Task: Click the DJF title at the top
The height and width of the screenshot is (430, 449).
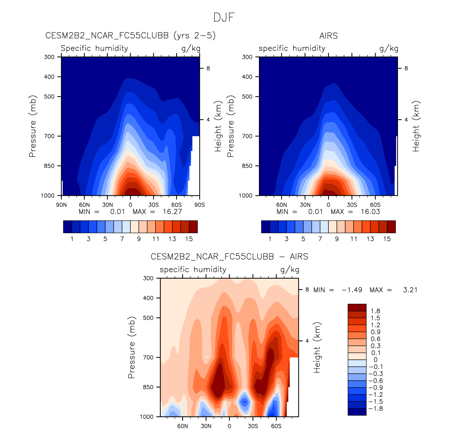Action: click(224, 17)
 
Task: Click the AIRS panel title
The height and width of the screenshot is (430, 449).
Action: click(328, 36)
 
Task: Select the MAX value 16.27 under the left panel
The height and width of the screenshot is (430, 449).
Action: click(172, 212)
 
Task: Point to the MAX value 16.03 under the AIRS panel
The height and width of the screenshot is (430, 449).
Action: click(370, 212)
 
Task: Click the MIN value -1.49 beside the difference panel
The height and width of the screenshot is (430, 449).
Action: click(352, 290)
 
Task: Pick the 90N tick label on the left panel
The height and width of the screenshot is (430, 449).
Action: click(61, 205)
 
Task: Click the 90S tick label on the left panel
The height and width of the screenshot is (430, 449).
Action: click(200, 205)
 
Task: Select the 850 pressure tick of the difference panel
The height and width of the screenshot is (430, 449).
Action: click(149, 387)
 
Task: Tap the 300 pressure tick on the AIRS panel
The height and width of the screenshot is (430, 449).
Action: click(247, 57)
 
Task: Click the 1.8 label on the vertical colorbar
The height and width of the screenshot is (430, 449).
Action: click(376, 311)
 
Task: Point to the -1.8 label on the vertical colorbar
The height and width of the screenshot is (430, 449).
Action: click(376, 409)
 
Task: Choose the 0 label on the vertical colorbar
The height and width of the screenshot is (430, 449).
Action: click(376, 360)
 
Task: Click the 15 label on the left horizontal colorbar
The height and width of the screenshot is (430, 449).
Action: click(189, 239)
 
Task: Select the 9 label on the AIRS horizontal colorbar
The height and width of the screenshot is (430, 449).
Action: click(337, 239)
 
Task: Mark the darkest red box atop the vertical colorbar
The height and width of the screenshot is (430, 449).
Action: click(357, 308)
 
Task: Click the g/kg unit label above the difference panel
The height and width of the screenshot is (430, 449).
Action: click(290, 270)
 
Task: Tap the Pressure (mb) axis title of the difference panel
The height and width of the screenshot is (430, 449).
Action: click(131, 348)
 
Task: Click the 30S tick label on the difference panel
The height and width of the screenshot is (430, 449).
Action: click(253, 426)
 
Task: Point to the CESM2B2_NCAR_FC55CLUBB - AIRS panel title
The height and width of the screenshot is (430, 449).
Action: click(229, 257)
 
